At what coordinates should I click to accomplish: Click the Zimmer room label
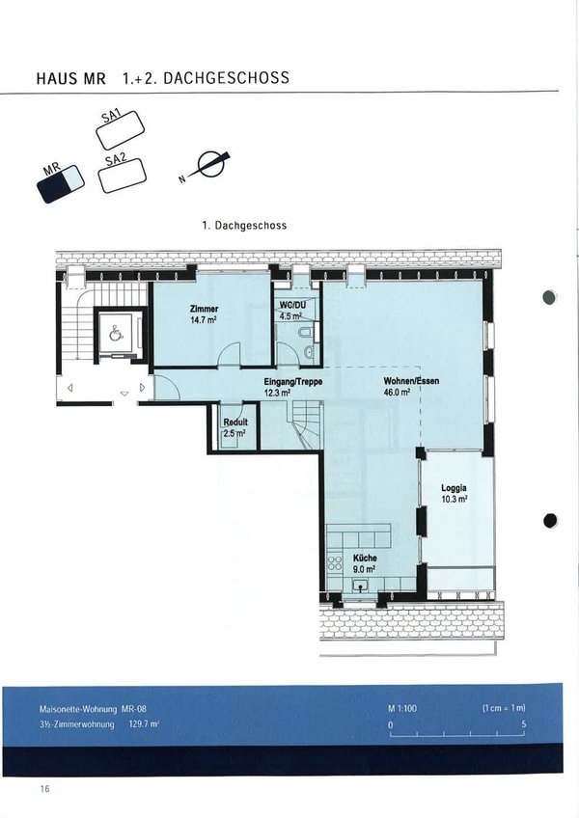pyautogui.click(x=205, y=309)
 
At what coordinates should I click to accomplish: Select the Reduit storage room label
pyautogui.click(x=235, y=423)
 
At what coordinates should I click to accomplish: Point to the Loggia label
pyautogui.click(x=454, y=488)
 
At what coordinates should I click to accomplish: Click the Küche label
pyautogui.click(x=365, y=559)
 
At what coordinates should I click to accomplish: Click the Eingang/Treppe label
pyautogui.click(x=293, y=382)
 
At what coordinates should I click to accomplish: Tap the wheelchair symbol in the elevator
pyautogui.click(x=116, y=333)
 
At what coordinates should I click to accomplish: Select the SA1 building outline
pyautogui.click(x=120, y=130)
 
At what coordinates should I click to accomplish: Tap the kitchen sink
pyautogui.click(x=360, y=585)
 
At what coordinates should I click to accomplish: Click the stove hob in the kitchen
pyautogui.click(x=334, y=563)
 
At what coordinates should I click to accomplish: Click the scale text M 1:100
pyautogui.click(x=402, y=708)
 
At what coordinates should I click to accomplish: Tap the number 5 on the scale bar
pyautogui.click(x=524, y=724)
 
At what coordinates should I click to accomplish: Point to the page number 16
pyautogui.click(x=45, y=788)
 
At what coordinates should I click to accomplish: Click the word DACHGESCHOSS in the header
pyautogui.click(x=226, y=78)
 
